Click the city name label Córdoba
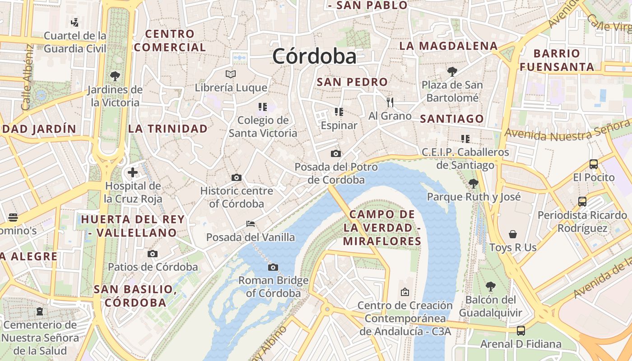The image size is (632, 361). tap(314, 56)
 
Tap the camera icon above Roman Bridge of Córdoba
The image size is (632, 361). tap(273, 267)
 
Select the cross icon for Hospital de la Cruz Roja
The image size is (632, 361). tap(133, 172)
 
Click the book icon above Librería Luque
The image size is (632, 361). tap(231, 74)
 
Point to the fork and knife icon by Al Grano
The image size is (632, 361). tap(390, 102)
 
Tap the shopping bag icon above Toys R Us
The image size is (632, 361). tap(513, 234)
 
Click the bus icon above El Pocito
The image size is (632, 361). tap(594, 164)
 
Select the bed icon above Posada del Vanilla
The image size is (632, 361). tap(251, 224)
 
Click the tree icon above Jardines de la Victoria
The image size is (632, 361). tap(115, 76)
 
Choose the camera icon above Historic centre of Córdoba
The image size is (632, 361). tap(236, 177)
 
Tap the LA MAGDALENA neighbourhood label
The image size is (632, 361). tap(449, 46)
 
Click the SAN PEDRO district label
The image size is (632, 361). tap(352, 82)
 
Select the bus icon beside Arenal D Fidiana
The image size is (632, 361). tap(521, 331)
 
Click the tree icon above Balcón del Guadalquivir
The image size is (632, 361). tap(490, 287)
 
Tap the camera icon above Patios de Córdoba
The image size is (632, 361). tap(153, 254)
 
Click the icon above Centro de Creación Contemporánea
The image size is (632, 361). tap(404, 292)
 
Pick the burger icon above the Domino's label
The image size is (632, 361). tap(13, 218)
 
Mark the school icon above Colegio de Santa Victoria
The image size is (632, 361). tap(263, 107)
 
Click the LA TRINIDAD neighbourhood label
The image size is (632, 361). tap(168, 129)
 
